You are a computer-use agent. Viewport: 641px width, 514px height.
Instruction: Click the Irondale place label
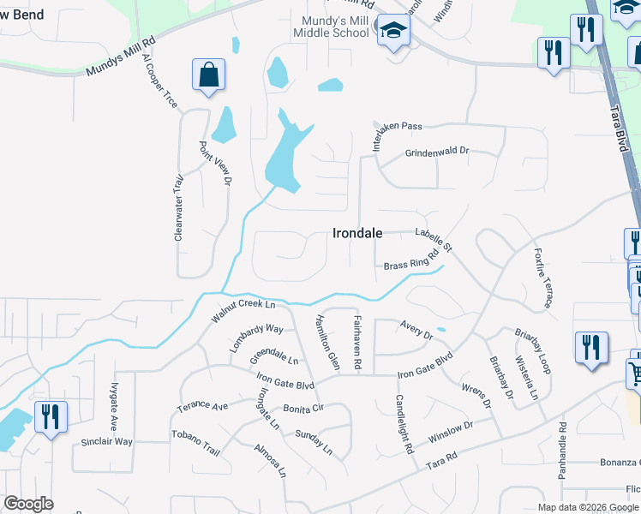pyautogui.click(x=356, y=233)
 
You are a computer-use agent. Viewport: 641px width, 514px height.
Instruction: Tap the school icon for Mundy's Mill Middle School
pyautogui.click(x=394, y=32)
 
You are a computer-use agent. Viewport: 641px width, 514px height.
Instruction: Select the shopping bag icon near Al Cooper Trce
pyautogui.click(x=209, y=75)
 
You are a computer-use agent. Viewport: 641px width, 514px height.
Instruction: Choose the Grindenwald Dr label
pyautogui.click(x=437, y=152)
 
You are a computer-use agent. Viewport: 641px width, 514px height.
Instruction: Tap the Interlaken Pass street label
pyautogui.click(x=397, y=127)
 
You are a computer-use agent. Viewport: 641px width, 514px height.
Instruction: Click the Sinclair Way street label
pyautogui.click(x=107, y=442)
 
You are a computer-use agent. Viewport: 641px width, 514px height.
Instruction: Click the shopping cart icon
pyautogui.click(x=635, y=374)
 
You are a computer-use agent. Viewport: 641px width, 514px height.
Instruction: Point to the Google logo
pyautogui.click(x=28, y=504)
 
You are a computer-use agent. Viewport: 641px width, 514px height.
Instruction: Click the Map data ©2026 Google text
pyautogui.click(x=588, y=507)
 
